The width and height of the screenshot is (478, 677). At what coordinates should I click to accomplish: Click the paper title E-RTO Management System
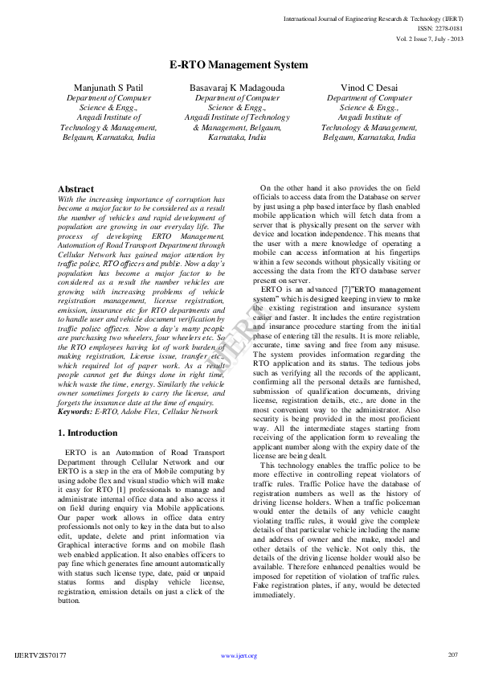pos(239,64)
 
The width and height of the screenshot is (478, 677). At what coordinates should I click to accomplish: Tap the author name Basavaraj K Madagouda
pos(236,86)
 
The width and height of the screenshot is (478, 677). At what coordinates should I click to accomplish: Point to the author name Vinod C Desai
pos(369,86)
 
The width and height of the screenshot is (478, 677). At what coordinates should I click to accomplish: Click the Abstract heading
pos(76,189)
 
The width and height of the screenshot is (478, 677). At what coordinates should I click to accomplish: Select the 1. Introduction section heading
pos(88,433)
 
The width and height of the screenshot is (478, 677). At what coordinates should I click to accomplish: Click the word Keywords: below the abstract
pos(76,411)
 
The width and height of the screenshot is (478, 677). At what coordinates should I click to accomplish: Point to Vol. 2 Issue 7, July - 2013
pos(430,39)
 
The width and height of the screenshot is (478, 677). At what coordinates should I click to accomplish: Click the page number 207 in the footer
pos(452,655)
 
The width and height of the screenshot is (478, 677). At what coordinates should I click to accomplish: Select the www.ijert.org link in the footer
pos(239,656)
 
